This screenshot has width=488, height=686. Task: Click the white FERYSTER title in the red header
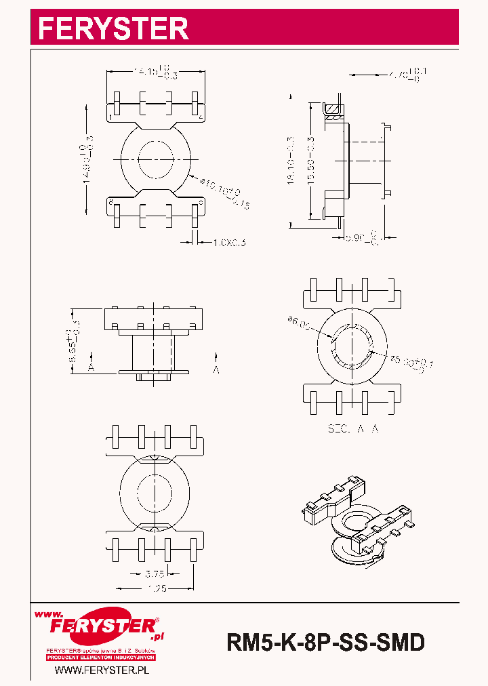tap(113, 28)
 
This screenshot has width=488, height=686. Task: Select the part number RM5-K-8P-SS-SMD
tap(325, 642)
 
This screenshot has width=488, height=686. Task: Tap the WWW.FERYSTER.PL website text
tap(101, 670)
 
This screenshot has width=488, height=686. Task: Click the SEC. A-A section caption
tap(352, 429)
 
